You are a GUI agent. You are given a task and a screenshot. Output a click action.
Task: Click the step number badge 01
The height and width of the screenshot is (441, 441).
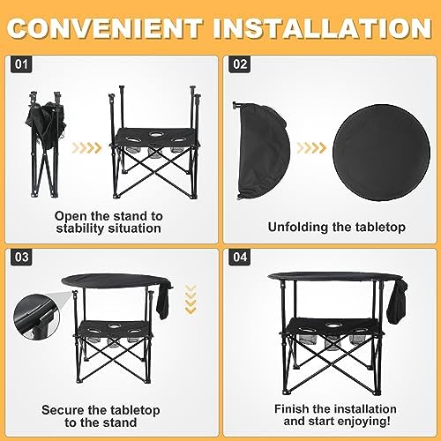(21, 64)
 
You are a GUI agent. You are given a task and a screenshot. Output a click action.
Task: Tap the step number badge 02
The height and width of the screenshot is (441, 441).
(240, 64)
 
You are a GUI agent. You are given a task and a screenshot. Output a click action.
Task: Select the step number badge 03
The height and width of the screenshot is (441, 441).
(21, 258)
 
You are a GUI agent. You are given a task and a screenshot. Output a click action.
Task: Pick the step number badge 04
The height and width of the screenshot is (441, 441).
(240, 258)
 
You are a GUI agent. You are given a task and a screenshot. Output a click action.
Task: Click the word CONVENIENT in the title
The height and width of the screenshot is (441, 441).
(106, 28)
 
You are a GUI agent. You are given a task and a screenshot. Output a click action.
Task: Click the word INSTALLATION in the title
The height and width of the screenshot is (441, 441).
(323, 28)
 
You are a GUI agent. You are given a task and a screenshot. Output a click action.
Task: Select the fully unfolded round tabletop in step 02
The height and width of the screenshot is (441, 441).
(382, 153)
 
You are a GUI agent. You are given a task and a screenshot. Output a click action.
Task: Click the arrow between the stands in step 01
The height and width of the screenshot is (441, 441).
(87, 148)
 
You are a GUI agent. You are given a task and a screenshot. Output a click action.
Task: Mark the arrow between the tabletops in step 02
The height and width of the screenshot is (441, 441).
(311, 148)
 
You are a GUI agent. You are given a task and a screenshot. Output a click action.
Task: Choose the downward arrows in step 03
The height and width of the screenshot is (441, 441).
(191, 299)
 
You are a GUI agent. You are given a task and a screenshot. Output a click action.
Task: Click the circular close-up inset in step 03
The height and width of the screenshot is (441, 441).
(37, 318)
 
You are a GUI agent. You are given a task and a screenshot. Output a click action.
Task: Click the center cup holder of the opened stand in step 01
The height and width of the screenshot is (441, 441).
(155, 134)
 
